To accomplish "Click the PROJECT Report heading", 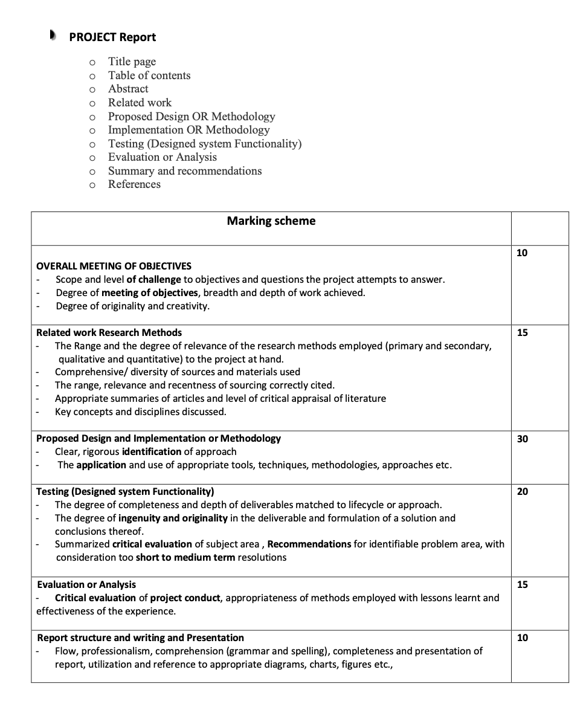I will click(x=112, y=37).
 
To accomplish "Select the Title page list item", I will click(x=132, y=62).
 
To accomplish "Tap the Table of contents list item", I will click(x=149, y=76).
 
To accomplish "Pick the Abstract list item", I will click(x=128, y=89).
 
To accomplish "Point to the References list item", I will click(x=134, y=184).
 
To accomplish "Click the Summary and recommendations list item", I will click(x=185, y=171).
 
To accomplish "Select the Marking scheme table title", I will click(x=271, y=221).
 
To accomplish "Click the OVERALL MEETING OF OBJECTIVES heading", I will click(x=114, y=266).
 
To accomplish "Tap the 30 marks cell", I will click(x=523, y=439).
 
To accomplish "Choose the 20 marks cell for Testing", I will click(x=523, y=491).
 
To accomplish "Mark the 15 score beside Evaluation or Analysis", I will click(x=523, y=584).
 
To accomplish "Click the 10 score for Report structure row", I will click(x=523, y=637).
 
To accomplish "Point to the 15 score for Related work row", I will click(x=523, y=332).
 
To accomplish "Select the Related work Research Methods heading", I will click(x=109, y=332).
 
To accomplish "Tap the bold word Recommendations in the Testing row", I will click(x=309, y=544).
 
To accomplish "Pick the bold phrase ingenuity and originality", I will click(x=173, y=518).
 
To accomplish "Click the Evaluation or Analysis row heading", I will click(x=86, y=584).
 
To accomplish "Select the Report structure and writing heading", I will click(x=140, y=637).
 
